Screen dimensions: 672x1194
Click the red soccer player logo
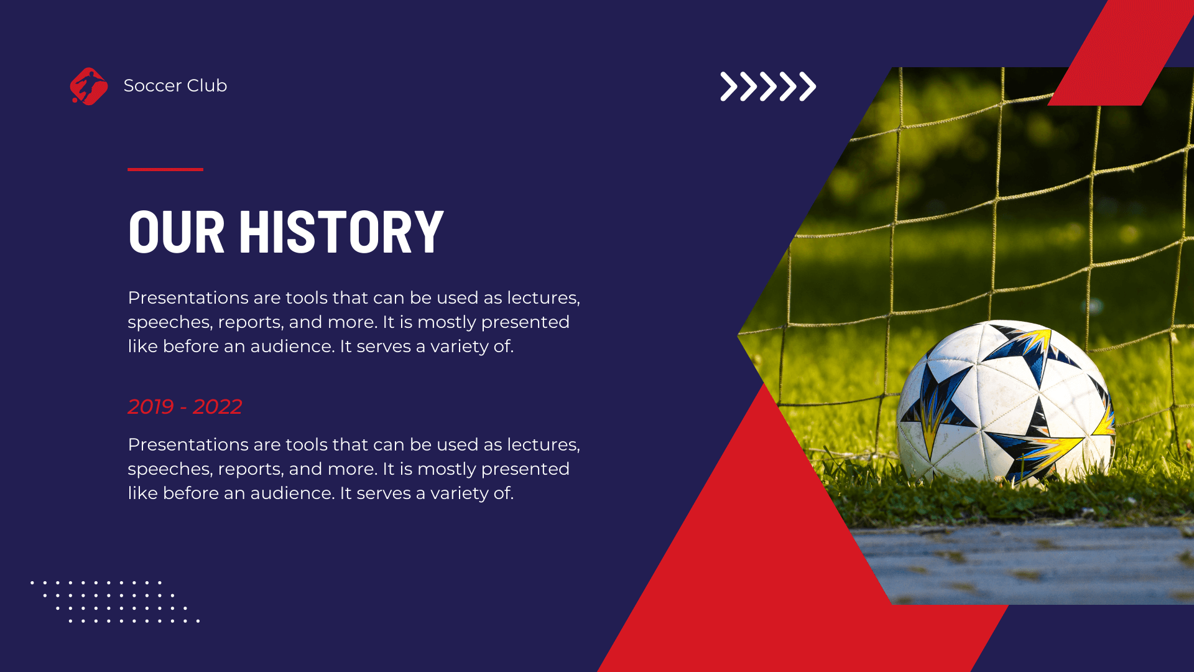tap(89, 86)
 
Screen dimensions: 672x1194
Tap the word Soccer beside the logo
tap(152, 86)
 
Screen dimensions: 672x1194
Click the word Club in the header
tap(207, 86)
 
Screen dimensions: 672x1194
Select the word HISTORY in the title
tap(341, 232)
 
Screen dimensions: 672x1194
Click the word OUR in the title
tap(176, 232)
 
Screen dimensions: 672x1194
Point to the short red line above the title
tap(165, 169)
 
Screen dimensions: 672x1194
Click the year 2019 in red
tap(150, 407)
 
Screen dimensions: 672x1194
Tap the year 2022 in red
tap(217, 407)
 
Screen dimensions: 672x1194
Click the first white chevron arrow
tap(729, 86)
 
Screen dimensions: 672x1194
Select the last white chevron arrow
tap(807, 86)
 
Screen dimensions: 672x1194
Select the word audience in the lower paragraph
tap(292, 493)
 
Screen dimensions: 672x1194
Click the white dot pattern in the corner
tap(115, 602)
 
